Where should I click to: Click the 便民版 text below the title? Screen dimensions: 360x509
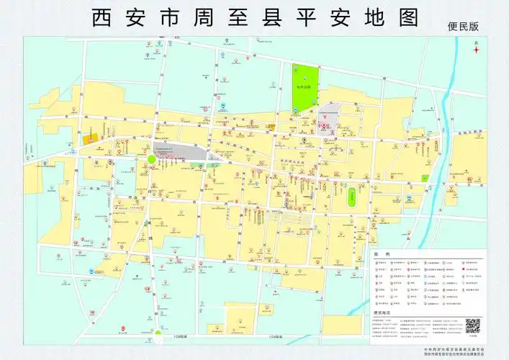(x=461, y=27)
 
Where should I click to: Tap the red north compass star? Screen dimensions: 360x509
(x=476, y=50)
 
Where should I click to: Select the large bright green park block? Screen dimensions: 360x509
(x=304, y=86)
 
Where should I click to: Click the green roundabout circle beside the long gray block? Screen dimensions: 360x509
(x=151, y=160)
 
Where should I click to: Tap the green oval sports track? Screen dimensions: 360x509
(x=352, y=197)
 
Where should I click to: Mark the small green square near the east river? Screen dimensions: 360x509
(x=425, y=177)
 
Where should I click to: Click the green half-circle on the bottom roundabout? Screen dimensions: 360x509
(x=157, y=333)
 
